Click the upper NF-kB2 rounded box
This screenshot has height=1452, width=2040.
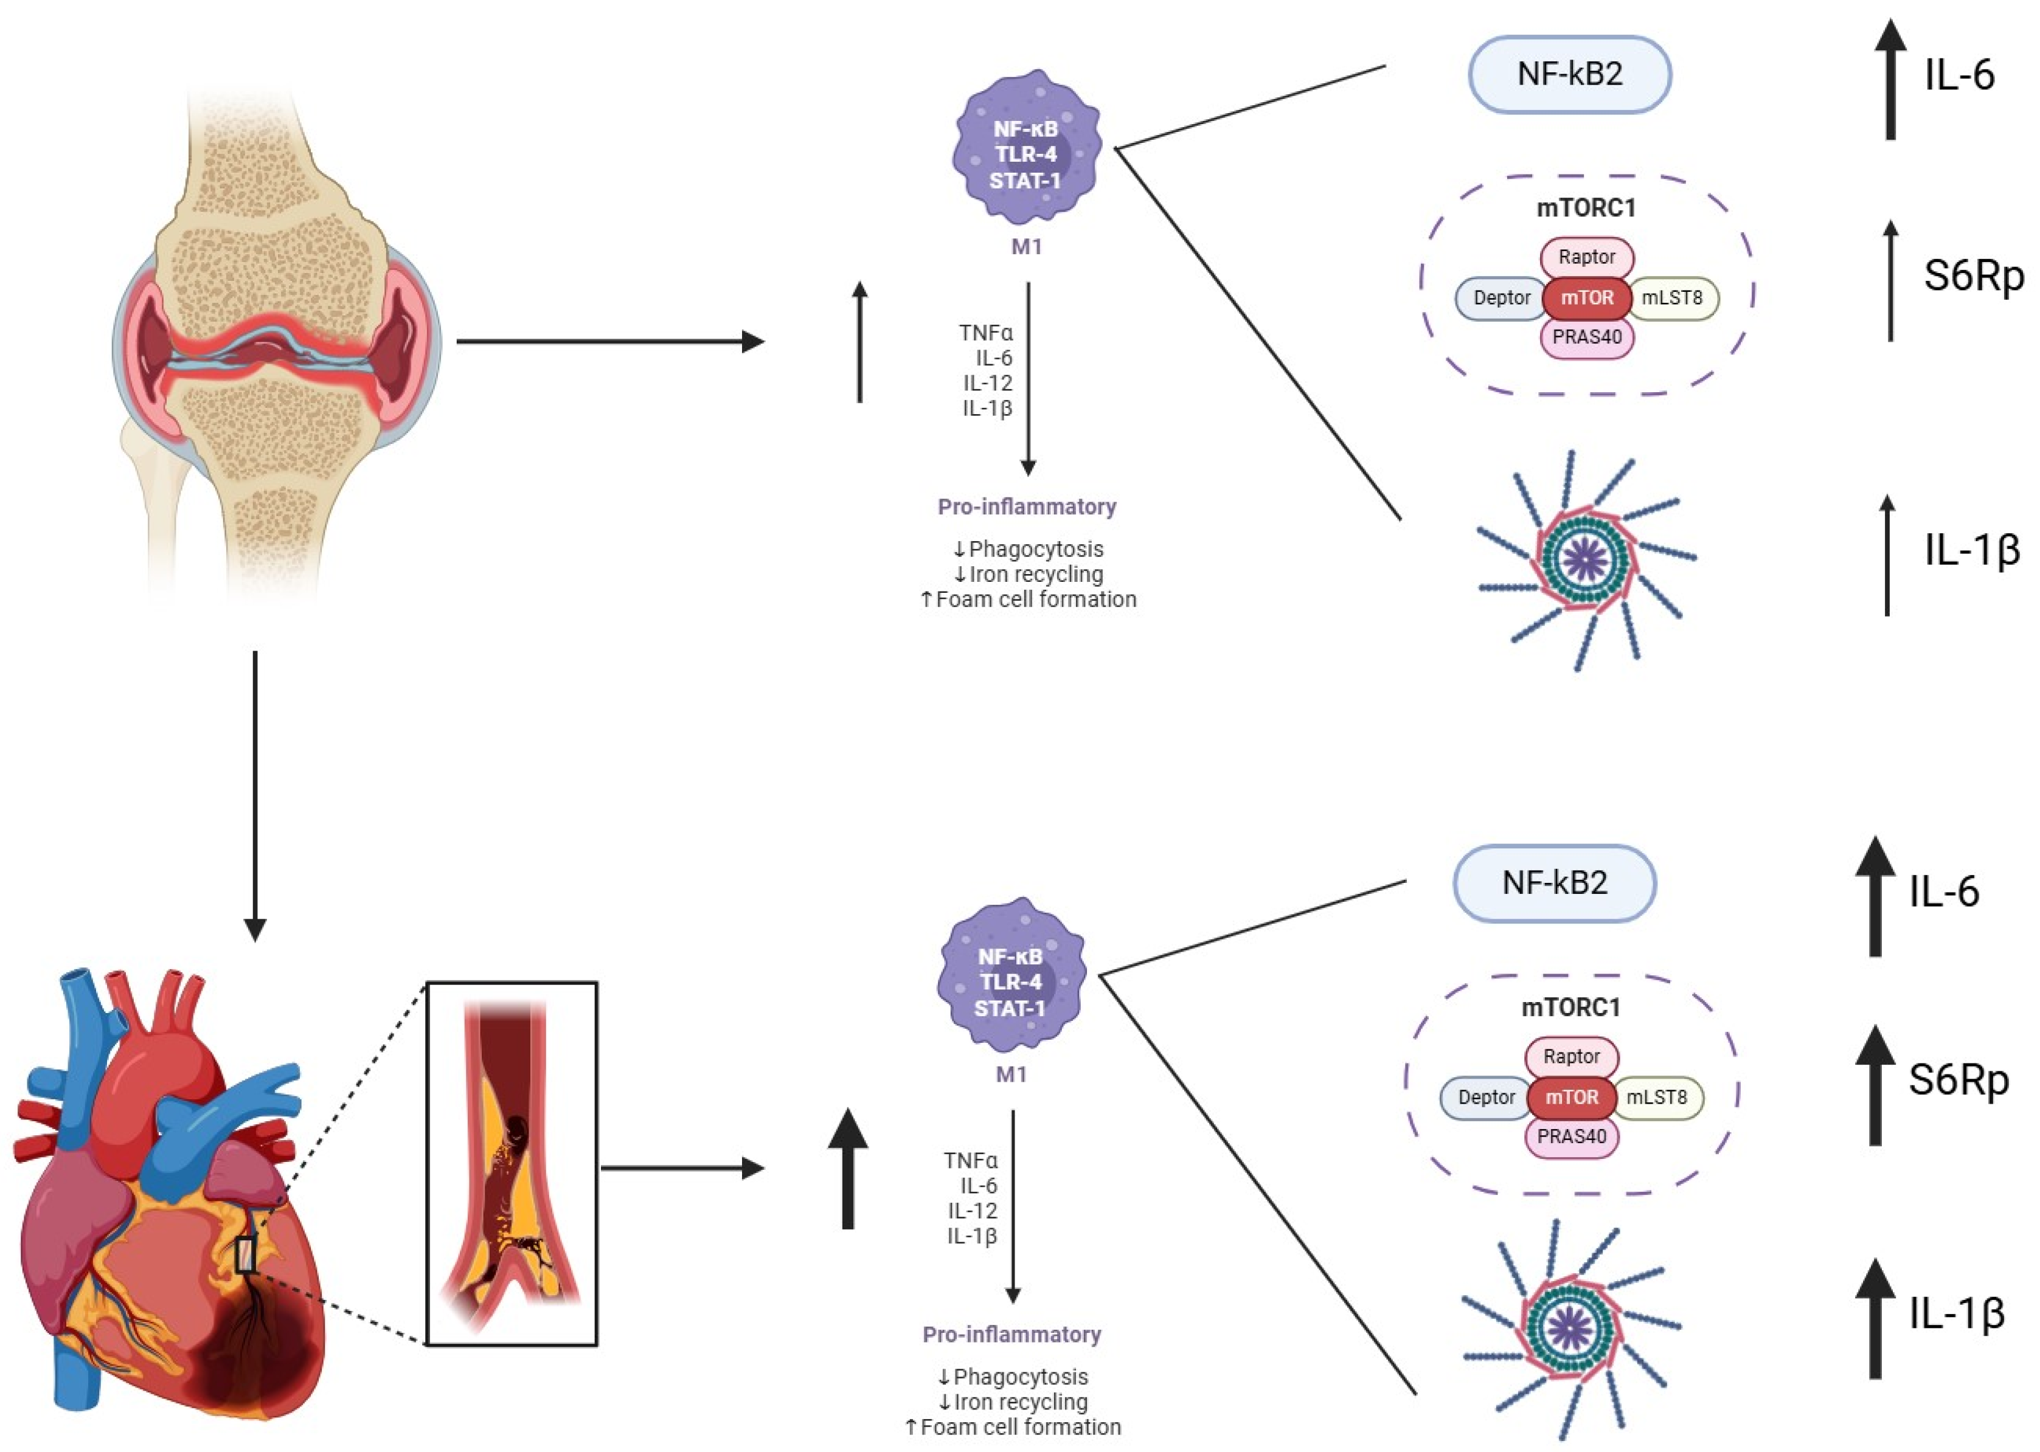[x=1570, y=74]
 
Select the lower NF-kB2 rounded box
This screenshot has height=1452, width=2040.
[x=1555, y=883]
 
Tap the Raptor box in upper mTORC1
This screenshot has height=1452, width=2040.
[x=1587, y=257]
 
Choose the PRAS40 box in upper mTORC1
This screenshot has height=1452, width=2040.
[x=1587, y=337]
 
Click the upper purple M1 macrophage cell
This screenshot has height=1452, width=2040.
[x=1026, y=148]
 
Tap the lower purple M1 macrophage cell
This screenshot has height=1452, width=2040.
[x=1011, y=975]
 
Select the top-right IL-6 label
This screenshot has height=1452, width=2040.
[x=1958, y=75]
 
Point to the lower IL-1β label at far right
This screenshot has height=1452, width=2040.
[x=1957, y=1315]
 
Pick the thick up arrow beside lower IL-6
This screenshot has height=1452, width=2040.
[x=1875, y=897]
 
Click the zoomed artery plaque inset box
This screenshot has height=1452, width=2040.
[x=512, y=1163]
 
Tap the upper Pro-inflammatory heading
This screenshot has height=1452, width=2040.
[x=1026, y=507]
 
